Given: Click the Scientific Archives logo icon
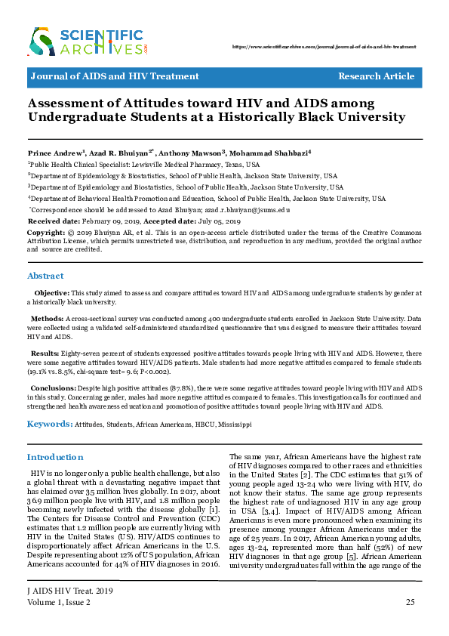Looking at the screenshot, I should pyautogui.click(x=40, y=41).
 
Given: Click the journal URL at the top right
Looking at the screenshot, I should pyautogui.click(x=324, y=47).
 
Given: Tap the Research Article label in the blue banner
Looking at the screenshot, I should pyautogui.click(x=376, y=76).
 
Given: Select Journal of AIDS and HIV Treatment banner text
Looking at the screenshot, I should pyautogui.click(x=115, y=76).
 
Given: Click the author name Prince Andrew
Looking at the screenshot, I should pyautogui.click(x=56, y=152).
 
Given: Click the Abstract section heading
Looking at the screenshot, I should pyautogui.click(x=45, y=276).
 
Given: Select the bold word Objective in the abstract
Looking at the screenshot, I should pyautogui.click(x=52, y=291).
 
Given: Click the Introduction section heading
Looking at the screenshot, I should pyautogui.click(x=55, y=457).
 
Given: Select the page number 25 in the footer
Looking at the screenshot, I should pyautogui.click(x=411, y=602).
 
